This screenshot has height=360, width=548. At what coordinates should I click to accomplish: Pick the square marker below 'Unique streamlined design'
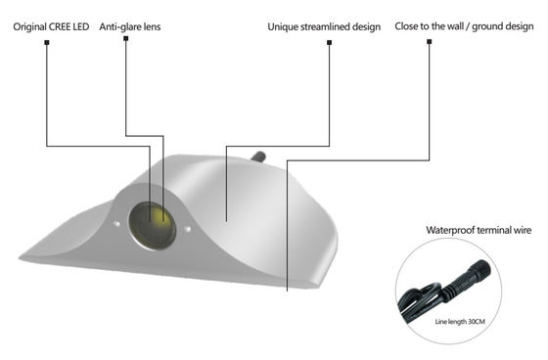click(x=328, y=43)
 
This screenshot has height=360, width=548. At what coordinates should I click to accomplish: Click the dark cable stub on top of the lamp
click(x=260, y=155)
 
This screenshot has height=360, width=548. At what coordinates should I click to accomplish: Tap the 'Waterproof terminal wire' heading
click(x=479, y=231)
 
